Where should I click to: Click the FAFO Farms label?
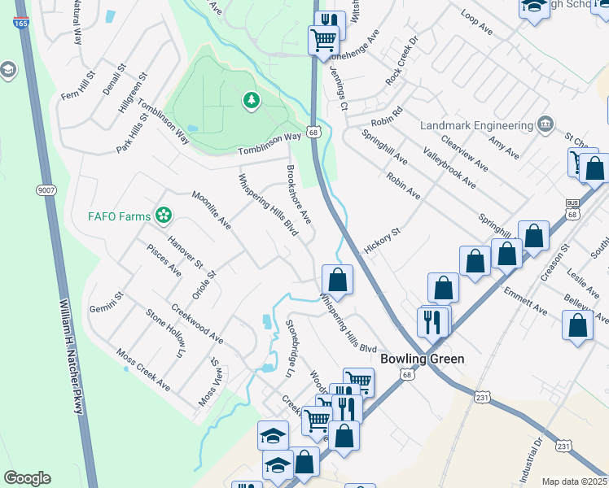(120, 216)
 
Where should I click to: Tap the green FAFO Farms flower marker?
(164, 216)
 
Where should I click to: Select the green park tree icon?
(251, 100)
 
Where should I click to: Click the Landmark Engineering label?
(475, 126)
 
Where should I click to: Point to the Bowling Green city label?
(423, 359)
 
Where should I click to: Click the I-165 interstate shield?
(20, 24)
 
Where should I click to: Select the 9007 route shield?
(46, 190)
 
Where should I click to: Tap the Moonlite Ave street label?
(212, 210)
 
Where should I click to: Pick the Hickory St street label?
(384, 243)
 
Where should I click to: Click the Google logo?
(27, 478)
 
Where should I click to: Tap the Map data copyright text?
(574, 481)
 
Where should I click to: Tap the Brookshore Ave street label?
(298, 194)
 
